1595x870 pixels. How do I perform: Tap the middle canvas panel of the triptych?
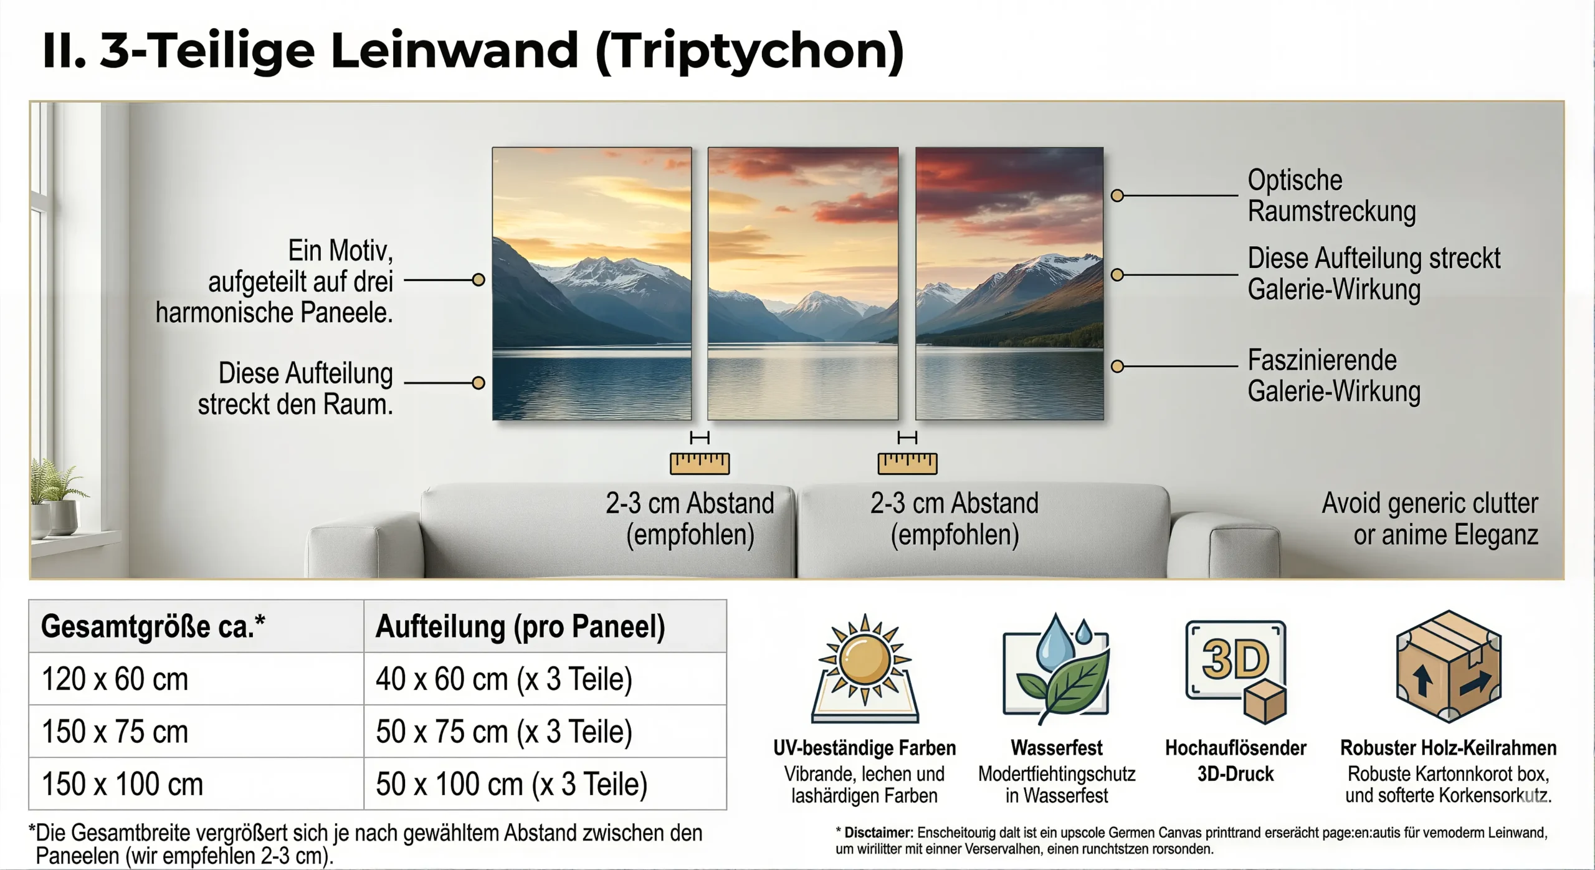(x=802, y=284)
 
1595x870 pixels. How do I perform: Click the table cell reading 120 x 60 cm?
(x=115, y=679)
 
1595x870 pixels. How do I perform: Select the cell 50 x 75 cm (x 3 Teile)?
(x=503, y=732)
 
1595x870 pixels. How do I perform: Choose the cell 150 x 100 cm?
(x=122, y=784)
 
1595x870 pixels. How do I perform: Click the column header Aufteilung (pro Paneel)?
(x=520, y=626)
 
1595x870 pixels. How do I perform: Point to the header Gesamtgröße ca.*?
(x=153, y=626)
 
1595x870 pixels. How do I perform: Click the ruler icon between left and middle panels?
(x=700, y=463)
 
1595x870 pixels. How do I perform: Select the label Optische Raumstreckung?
(x=1331, y=195)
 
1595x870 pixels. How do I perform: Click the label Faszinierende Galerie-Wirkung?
(x=1334, y=376)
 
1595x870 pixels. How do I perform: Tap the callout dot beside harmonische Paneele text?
(x=478, y=280)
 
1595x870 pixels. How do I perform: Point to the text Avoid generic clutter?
(x=1430, y=504)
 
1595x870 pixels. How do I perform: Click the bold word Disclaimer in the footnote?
(x=878, y=833)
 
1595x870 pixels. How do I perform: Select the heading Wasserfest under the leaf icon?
(x=1057, y=747)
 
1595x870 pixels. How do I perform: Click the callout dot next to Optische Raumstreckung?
(x=1117, y=196)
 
